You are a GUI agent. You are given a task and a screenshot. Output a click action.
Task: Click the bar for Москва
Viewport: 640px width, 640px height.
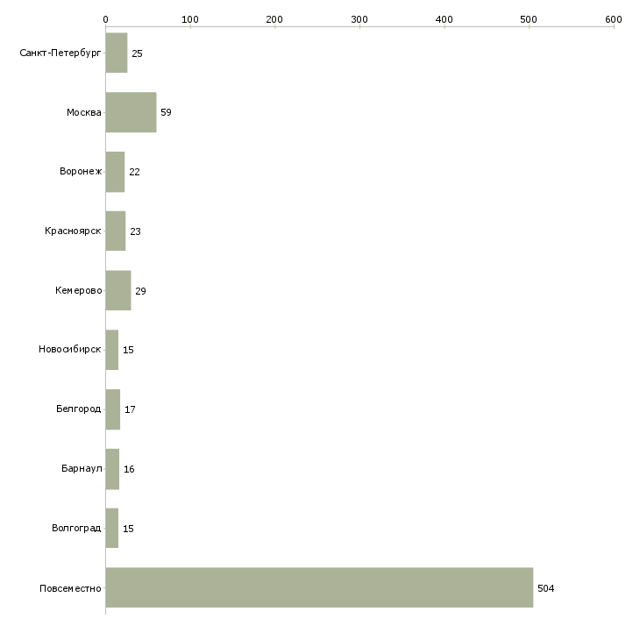[131, 112]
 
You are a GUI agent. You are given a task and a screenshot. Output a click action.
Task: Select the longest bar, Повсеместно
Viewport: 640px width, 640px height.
[320, 587]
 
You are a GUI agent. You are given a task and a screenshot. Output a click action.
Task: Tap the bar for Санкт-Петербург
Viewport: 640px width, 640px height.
[117, 53]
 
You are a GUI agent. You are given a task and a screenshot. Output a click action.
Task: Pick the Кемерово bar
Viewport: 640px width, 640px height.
[118, 290]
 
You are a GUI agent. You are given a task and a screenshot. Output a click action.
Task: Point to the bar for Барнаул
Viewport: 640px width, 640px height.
[112, 469]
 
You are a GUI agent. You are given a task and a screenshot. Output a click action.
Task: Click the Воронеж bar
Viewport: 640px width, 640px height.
[116, 172]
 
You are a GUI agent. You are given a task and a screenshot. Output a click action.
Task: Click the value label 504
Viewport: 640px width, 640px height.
[545, 588]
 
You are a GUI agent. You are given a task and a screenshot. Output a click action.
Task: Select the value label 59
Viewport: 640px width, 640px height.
[166, 112]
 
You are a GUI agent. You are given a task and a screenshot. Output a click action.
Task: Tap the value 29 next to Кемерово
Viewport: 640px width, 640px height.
[140, 291]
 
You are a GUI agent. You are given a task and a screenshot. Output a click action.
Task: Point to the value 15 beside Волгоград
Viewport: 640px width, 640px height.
[128, 529]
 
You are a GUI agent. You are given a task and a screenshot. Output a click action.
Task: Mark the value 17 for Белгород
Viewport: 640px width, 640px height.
[130, 409]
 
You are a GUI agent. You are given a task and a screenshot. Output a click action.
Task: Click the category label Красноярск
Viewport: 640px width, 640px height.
[73, 231]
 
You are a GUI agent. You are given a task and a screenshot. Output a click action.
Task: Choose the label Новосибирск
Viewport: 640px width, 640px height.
[70, 350]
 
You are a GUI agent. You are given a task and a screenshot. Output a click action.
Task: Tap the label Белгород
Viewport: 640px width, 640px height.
[78, 409]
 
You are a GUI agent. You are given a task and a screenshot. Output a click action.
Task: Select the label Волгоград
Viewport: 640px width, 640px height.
[76, 528]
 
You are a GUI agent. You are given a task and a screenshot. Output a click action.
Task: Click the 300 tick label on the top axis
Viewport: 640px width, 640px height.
[359, 19]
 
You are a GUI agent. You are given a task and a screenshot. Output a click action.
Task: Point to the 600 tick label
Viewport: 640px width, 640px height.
[614, 19]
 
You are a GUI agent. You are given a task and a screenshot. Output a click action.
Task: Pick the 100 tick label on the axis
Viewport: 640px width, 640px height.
[190, 19]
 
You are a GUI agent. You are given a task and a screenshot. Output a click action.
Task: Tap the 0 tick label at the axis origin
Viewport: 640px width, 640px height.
[106, 19]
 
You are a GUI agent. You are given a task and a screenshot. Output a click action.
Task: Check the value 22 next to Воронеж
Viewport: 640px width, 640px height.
[134, 172]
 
